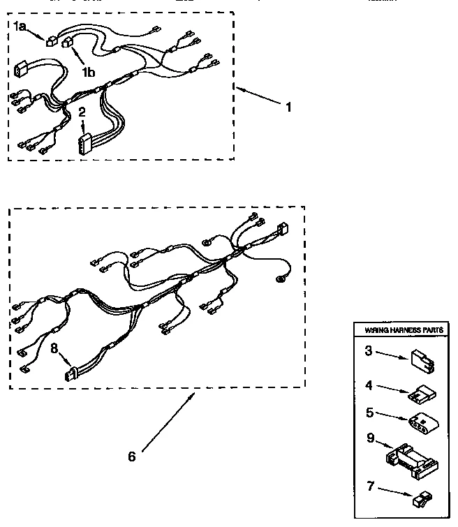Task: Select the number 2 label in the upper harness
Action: (x=82, y=112)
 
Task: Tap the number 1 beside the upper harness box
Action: (x=288, y=107)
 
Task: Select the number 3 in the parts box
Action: (x=367, y=351)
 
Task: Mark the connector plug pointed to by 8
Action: (x=69, y=375)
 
